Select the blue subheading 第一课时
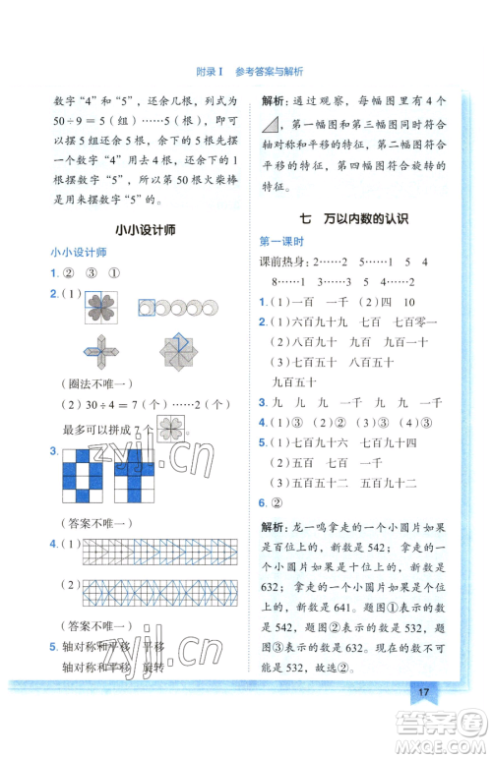[x=282, y=241]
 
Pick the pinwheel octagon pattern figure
[x=179, y=351]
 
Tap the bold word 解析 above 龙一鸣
[x=275, y=527]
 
